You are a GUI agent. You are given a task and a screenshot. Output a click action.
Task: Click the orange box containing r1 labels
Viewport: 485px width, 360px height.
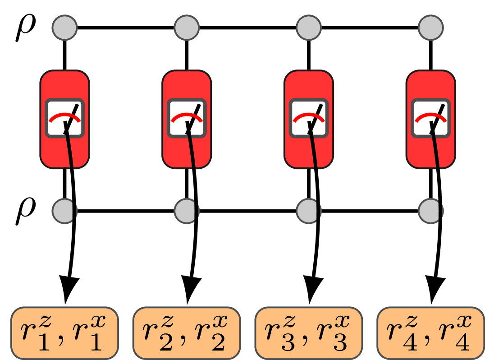click(x=64, y=333)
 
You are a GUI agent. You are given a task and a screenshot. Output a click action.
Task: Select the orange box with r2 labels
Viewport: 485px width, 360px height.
click(x=187, y=333)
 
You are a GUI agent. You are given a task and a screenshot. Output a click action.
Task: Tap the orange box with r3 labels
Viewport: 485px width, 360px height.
click(x=309, y=333)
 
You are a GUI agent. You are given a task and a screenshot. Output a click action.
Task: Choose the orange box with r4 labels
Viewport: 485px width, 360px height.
click(x=430, y=333)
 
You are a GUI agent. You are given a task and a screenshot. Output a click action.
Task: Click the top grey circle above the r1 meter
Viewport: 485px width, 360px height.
click(x=64, y=28)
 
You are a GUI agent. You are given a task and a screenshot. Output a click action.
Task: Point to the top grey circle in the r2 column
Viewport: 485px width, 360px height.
click(x=187, y=28)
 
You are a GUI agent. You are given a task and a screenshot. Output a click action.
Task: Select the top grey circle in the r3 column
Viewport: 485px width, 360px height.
click(x=309, y=28)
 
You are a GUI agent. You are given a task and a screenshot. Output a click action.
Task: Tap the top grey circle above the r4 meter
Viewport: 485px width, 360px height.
click(x=430, y=28)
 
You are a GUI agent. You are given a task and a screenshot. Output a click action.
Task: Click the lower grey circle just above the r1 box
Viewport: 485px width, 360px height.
click(x=64, y=210)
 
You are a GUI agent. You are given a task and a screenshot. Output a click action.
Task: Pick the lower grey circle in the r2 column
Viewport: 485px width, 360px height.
click(x=186, y=210)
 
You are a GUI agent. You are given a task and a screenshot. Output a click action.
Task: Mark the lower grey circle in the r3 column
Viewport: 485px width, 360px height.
click(x=308, y=210)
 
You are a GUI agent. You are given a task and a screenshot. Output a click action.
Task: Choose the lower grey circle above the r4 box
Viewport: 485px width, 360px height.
click(x=430, y=210)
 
